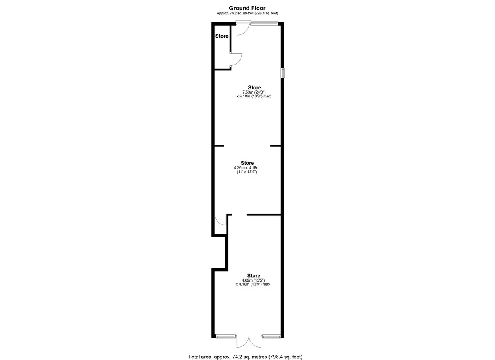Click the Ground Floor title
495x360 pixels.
click(x=247, y=8)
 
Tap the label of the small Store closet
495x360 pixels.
click(x=222, y=36)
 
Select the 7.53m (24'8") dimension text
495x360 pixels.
click(x=254, y=92)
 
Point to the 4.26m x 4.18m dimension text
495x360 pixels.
click(x=247, y=168)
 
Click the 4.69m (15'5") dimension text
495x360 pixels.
click(x=253, y=280)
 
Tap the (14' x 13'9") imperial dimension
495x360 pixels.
click(x=247, y=172)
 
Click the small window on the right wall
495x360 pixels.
click(x=283, y=73)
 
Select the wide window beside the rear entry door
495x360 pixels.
click(x=264, y=23)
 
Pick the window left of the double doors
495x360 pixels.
click(x=225, y=336)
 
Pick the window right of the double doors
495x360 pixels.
click(x=271, y=336)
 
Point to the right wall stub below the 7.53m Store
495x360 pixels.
click(x=276, y=146)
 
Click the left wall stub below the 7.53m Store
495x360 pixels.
click(x=219, y=146)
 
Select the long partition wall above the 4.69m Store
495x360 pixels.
click(x=264, y=215)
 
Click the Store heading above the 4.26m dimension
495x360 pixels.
click(x=247, y=163)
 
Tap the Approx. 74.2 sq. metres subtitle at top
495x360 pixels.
click(x=247, y=13)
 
